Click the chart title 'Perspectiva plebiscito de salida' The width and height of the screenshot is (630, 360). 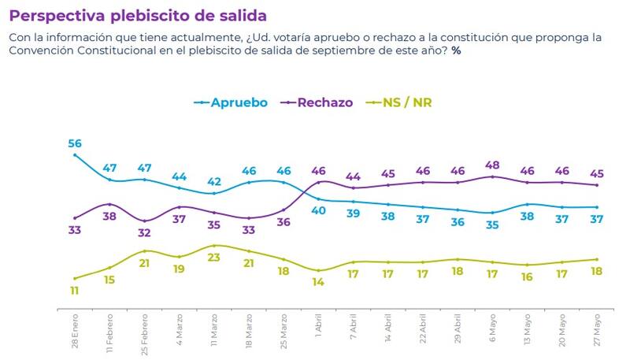[x=137, y=15]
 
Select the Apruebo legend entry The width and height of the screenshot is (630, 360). [x=232, y=102]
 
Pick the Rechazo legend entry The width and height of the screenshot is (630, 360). [x=318, y=102]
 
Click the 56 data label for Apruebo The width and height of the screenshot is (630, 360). [x=75, y=143]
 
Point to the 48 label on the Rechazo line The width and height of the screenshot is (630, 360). [x=492, y=165]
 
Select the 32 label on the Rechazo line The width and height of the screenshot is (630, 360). [x=144, y=232]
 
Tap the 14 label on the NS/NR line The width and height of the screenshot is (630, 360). [x=319, y=282]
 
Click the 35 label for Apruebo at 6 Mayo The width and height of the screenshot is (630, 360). [x=492, y=225]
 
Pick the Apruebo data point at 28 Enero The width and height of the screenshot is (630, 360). [x=75, y=154]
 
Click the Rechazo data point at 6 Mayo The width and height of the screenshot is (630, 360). [x=492, y=176]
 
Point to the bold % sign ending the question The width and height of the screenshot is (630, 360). [x=456, y=50]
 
